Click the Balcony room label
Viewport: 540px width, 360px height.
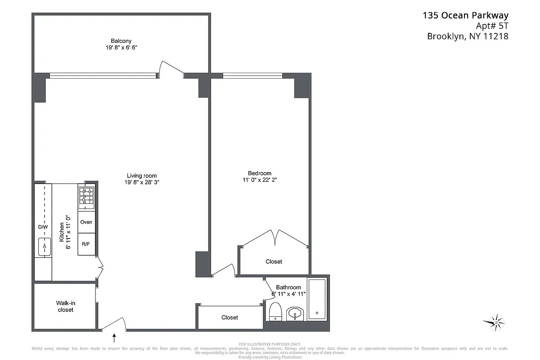click(121, 40)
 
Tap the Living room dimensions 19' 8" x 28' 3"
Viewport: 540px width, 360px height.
click(142, 182)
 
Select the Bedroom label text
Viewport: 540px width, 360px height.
click(260, 173)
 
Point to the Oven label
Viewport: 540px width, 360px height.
click(86, 222)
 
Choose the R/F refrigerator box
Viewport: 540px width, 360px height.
click(86, 244)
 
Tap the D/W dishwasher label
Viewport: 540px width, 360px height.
click(43, 227)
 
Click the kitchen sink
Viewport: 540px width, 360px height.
click(44, 247)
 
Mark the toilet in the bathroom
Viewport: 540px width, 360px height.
click(275, 312)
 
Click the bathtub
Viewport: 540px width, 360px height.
click(317, 299)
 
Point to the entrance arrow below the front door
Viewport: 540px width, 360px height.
click(114, 337)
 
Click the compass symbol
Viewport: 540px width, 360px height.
click(494, 322)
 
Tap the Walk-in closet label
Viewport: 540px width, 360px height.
click(65, 306)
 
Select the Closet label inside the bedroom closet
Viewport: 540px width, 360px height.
click(274, 261)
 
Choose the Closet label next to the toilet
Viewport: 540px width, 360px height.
click(229, 317)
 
